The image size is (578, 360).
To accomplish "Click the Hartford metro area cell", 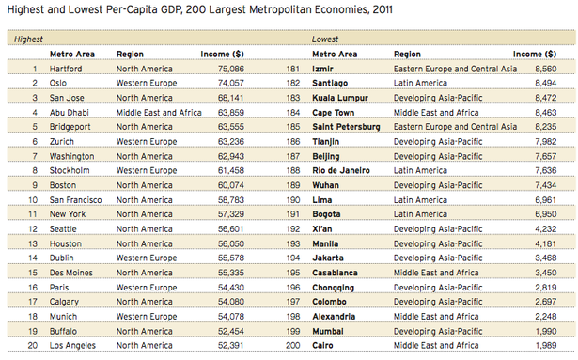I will pyautogui.click(x=65, y=69).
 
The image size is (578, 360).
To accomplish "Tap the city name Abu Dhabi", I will pyautogui.click(x=70, y=112).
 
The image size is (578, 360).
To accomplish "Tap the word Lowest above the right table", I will pyautogui.click(x=325, y=39).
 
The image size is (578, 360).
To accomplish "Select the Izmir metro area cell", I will pyautogui.click(x=324, y=69).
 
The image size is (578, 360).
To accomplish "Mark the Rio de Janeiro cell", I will pyautogui.click(x=345, y=170).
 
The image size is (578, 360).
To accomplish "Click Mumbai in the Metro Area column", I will pyautogui.click(x=327, y=330).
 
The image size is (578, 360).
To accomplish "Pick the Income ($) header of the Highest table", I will pyautogui.click(x=223, y=55).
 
